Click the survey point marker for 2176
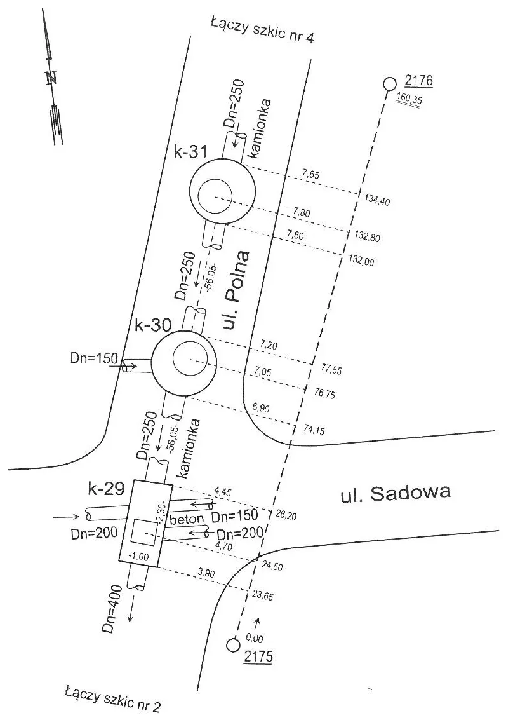coord(389,84)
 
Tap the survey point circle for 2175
coord(234,644)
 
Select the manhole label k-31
coord(190,151)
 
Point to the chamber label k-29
coord(106,489)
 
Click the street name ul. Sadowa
coord(396,493)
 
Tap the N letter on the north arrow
coord(51,78)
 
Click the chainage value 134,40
coord(377,200)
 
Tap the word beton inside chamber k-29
coord(186,519)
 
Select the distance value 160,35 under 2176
coord(409,98)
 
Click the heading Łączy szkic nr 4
coord(262,31)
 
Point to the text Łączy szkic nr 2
coord(113,700)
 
